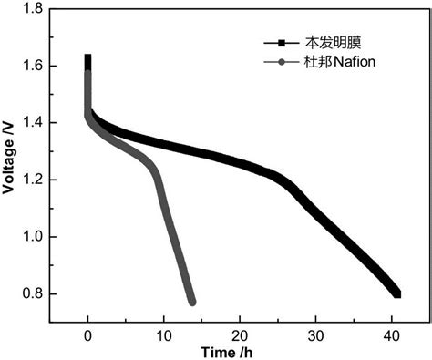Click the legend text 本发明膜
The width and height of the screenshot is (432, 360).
click(x=333, y=43)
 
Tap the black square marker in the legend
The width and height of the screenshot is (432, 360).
click(x=282, y=43)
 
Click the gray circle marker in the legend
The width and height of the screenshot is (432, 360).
click(x=282, y=62)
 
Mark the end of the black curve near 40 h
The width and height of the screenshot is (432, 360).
click(x=397, y=293)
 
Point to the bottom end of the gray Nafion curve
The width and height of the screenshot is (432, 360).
click(x=192, y=302)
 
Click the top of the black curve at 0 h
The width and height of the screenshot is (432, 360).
click(x=88, y=58)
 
